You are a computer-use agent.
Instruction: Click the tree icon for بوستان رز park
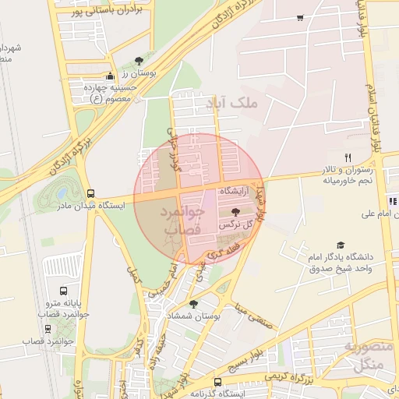point(139,60)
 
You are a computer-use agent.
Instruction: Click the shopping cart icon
point(300,17)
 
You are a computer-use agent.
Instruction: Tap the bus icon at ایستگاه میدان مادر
point(91,193)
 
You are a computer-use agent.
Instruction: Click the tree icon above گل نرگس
point(236,212)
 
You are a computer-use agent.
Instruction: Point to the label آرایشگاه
point(235,191)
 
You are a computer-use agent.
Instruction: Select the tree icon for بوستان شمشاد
point(193,305)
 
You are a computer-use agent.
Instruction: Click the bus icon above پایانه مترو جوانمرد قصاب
point(48,316)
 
